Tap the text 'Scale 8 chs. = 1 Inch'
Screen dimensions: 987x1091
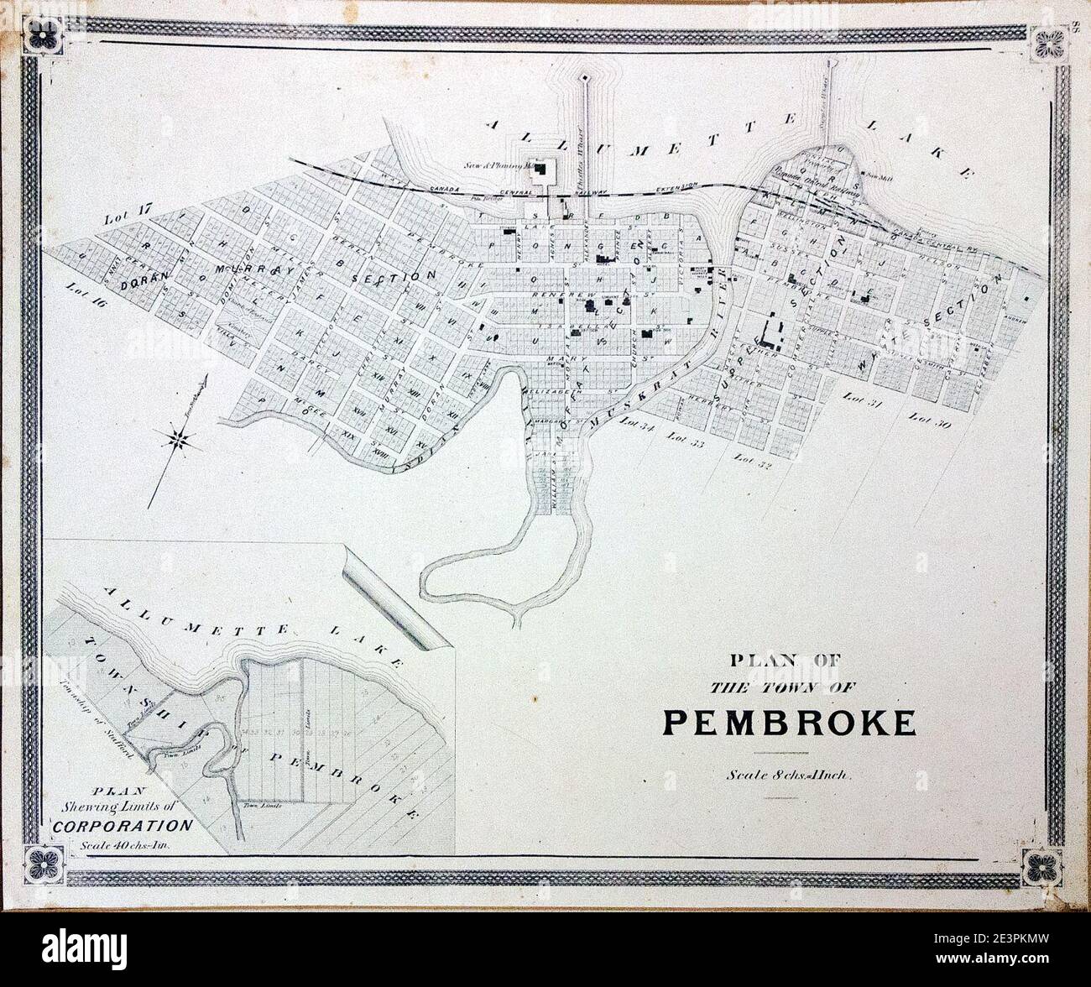790,775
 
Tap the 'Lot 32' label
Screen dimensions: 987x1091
752,459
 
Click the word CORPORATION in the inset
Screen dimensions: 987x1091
123,823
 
